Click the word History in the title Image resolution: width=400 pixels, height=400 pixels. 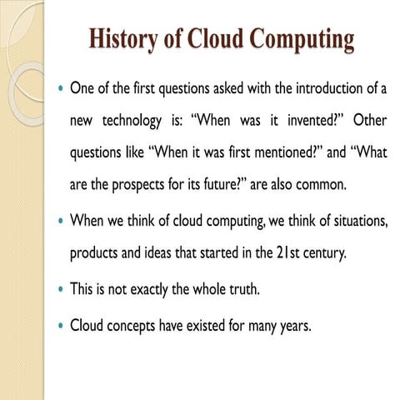(x=123, y=38)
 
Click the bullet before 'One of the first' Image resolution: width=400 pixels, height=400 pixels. (x=60, y=87)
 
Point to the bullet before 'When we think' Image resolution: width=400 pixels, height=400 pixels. (x=60, y=222)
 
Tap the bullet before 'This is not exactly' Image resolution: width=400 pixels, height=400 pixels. (x=60, y=292)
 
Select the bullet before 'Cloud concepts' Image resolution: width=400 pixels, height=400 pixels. (x=60, y=326)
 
